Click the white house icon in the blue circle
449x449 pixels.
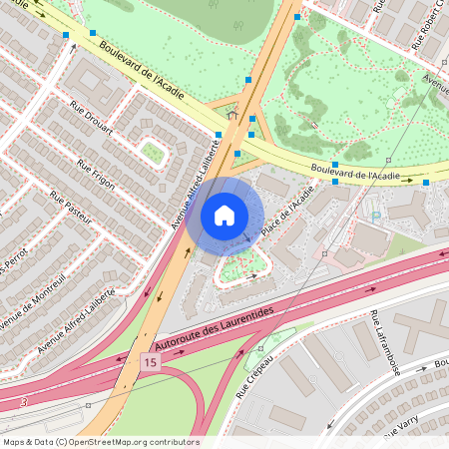pos(224,215)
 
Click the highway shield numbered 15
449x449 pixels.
pos(150,360)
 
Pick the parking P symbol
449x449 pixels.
pos(375,216)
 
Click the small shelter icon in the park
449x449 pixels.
pos(232,116)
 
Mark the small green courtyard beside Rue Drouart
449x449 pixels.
pos(152,152)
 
